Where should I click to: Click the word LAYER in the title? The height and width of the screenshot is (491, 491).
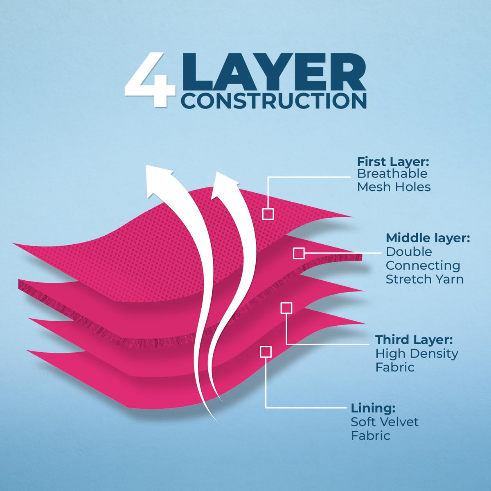pos(275,72)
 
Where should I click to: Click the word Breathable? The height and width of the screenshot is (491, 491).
pos(386,173)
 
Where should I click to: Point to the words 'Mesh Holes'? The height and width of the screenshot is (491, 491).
pos(394,187)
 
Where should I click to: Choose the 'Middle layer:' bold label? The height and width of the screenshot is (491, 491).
pos(428,238)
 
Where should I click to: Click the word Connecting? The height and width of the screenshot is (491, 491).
pos(423,266)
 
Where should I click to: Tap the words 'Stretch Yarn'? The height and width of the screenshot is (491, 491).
pos(424,279)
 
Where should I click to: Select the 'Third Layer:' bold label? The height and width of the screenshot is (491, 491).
pos(414,340)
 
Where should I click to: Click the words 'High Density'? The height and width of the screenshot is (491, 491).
pos(417,354)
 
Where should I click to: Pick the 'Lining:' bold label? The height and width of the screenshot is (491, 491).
pos(373,408)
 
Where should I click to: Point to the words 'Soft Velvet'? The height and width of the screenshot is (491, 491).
pos(385,422)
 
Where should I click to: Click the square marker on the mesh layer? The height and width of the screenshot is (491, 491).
pos(268,214)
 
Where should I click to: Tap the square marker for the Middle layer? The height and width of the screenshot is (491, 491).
pos(299,253)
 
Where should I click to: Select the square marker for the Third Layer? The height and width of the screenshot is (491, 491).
pos(286,308)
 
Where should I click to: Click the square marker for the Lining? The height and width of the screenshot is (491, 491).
pos(266,351)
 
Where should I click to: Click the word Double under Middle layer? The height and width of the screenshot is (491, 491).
pos(409,252)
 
